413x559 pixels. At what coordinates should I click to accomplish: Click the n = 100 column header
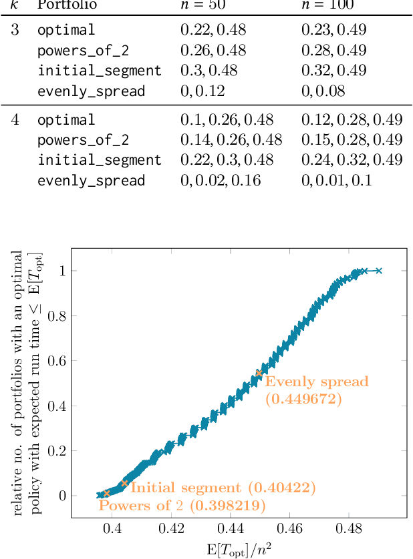click(326, 5)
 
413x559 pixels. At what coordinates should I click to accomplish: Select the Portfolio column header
click(67, 5)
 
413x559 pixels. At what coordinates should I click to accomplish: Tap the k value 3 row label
click(15, 30)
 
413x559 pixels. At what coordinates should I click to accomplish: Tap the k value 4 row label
click(15, 119)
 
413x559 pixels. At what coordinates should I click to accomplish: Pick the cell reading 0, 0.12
click(202, 91)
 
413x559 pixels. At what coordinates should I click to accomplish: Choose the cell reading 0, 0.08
click(323, 91)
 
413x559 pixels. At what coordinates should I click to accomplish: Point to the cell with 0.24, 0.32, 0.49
click(352, 160)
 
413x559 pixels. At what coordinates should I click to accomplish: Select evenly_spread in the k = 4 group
click(91, 181)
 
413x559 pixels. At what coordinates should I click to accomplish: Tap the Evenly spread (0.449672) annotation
click(316, 390)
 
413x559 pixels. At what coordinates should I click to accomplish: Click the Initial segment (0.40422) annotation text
click(223, 488)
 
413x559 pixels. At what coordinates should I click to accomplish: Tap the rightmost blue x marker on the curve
click(379, 270)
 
